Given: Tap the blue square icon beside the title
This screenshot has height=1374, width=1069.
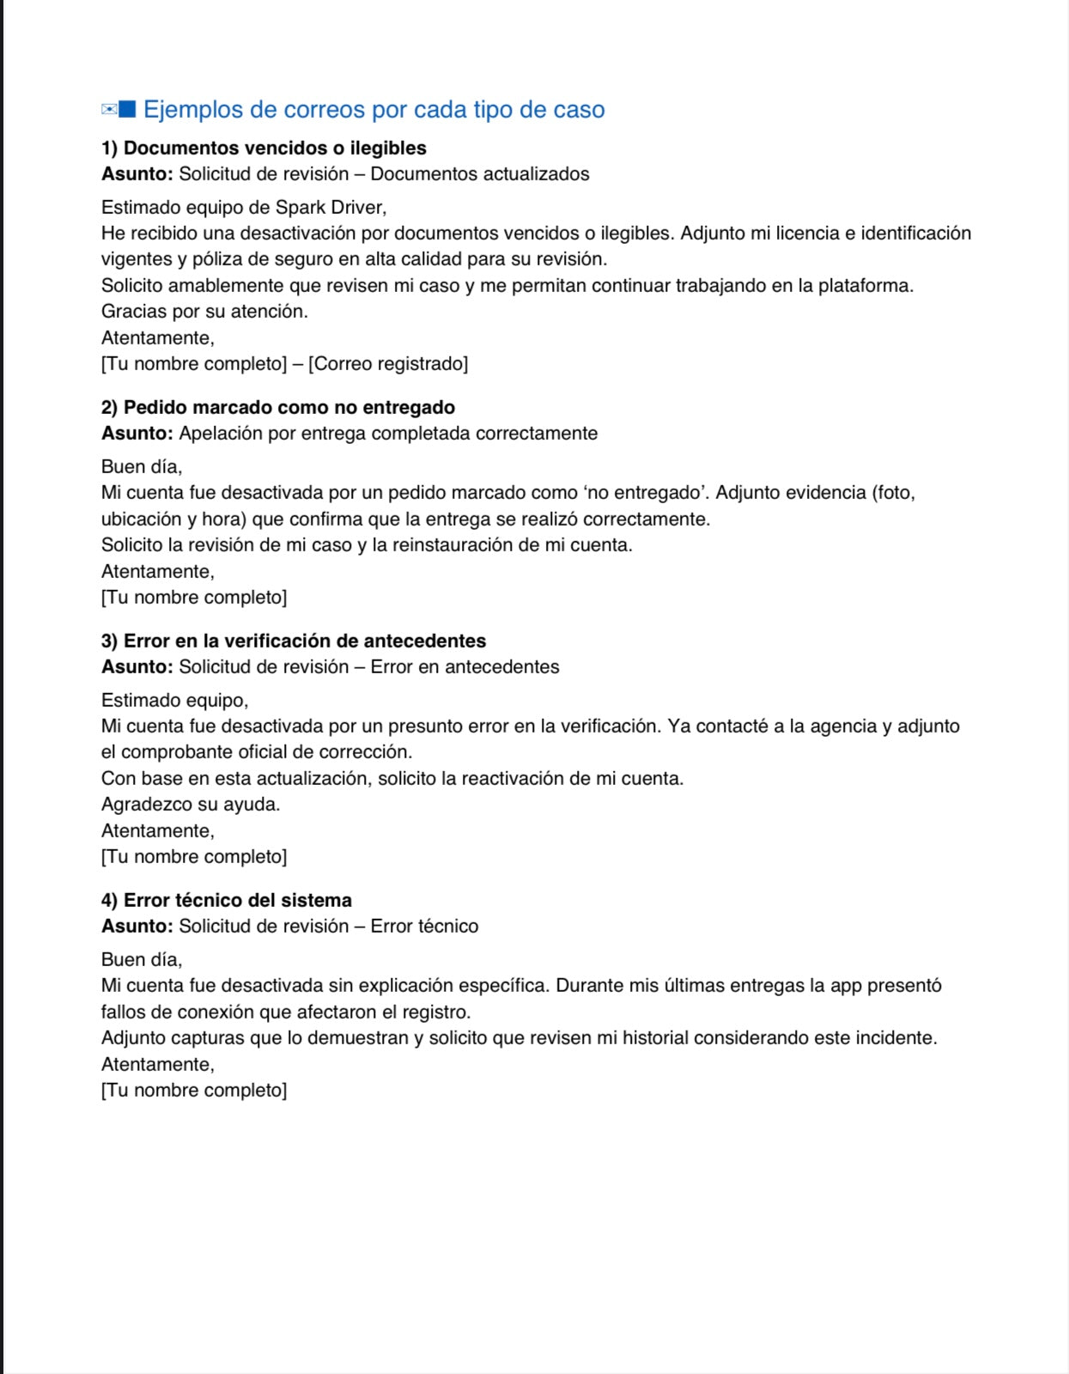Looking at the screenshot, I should point(127,109).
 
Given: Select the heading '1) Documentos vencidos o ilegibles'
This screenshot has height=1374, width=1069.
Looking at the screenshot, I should point(264,148).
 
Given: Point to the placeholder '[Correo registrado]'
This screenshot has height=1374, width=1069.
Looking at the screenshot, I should point(388,364).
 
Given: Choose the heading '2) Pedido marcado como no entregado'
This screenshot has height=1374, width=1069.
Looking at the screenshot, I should point(278,408).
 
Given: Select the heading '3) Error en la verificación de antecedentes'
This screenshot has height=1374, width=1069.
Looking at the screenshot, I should point(294,641).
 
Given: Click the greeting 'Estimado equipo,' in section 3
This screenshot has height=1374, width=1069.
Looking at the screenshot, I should point(174,701).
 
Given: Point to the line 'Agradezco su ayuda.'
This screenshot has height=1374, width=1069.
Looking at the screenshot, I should point(191,805).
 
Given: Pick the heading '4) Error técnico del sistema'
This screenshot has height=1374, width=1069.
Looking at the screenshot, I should point(227,901).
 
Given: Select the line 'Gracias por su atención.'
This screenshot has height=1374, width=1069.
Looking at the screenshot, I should point(204,312).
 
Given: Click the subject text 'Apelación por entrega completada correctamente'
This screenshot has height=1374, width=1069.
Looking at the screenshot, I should point(388,434).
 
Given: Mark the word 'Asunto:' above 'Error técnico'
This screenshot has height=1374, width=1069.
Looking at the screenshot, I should point(137,927).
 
